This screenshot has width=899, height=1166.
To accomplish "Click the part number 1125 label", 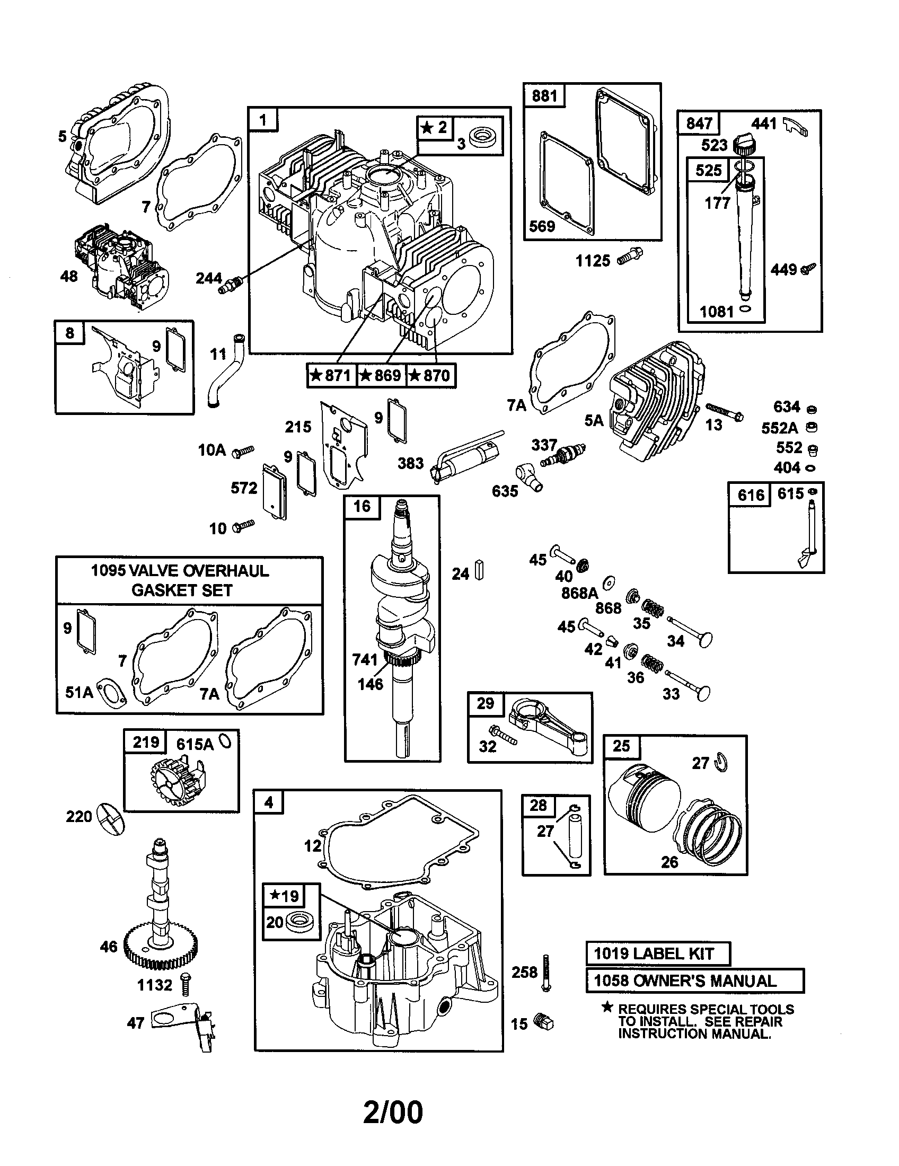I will [593, 261].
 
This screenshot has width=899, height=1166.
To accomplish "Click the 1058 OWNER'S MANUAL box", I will [694, 980].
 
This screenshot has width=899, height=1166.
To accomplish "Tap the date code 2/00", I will [392, 1112].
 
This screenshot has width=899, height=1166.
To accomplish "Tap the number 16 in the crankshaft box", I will [362, 506].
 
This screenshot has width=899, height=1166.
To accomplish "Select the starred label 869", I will [381, 375].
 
